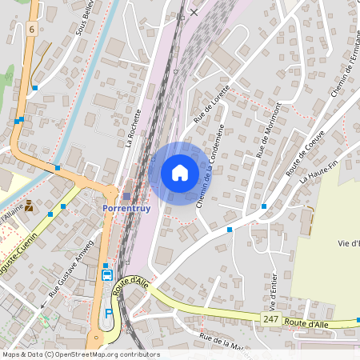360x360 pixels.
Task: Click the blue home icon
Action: [x=180, y=173]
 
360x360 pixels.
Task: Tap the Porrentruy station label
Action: [x=126, y=209]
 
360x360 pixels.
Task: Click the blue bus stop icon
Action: [x=106, y=275]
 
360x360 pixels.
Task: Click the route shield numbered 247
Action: [x=270, y=319]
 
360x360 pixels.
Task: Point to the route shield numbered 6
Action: [x=31, y=29]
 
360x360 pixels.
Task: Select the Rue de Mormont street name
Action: [x=269, y=129]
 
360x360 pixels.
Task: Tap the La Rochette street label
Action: [x=134, y=129]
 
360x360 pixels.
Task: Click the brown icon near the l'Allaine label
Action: [x=30, y=206]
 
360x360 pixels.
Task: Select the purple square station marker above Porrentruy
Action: [x=126, y=196]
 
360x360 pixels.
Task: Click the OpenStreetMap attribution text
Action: [x=80, y=354]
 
